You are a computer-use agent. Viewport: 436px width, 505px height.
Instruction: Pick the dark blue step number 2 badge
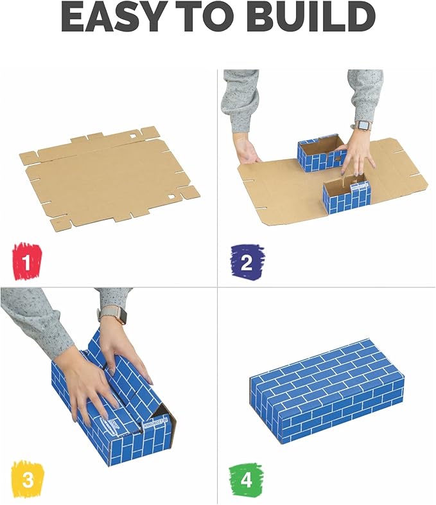pos(247,261)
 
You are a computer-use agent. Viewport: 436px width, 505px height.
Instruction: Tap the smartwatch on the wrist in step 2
pos(364,125)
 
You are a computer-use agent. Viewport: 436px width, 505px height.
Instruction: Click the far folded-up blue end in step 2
pos(319,153)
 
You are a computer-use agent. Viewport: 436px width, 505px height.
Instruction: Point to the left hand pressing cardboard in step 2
pos(248,150)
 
